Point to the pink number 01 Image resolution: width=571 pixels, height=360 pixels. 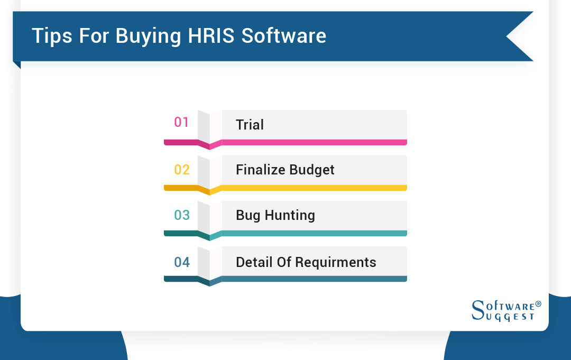click(x=181, y=122)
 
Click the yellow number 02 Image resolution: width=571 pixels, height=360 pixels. click(x=181, y=170)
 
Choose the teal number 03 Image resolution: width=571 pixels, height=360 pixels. click(x=181, y=215)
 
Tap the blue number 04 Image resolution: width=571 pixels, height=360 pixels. click(x=181, y=262)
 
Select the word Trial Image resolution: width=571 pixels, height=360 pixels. click(x=250, y=125)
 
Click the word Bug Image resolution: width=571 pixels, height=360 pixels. click(x=248, y=216)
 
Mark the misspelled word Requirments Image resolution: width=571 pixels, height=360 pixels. click(x=336, y=262)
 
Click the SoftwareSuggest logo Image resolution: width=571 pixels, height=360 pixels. click(x=505, y=311)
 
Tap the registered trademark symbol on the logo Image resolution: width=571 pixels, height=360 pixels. click(x=538, y=304)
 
